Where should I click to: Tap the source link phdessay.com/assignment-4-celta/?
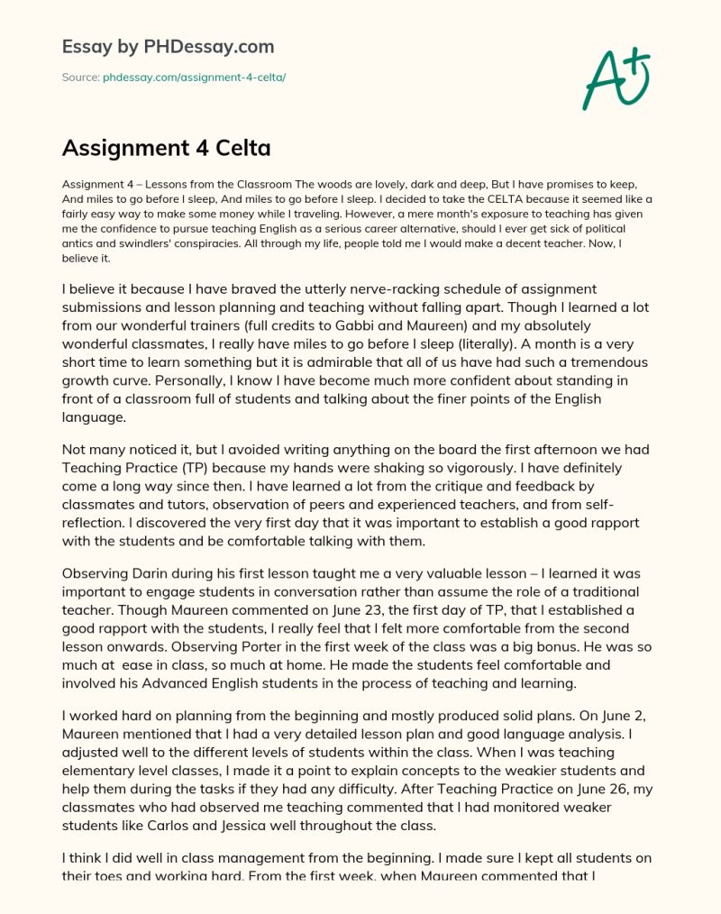click(x=187, y=78)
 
